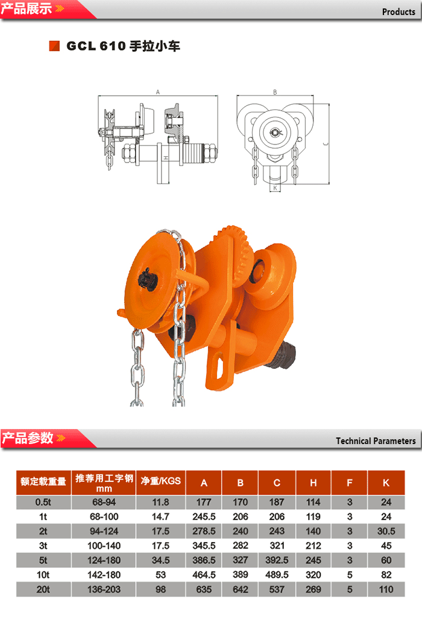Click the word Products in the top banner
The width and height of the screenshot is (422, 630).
[x=398, y=11]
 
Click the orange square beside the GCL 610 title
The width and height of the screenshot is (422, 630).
[x=54, y=46]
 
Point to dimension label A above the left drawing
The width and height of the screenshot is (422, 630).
[x=158, y=92]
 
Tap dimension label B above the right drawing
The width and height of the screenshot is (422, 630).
[x=275, y=92]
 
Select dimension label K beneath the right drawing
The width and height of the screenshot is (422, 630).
[x=276, y=188]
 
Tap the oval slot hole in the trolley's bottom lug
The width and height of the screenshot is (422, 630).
[x=220, y=365]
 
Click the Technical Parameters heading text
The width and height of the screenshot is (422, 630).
[x=376, y=440]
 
